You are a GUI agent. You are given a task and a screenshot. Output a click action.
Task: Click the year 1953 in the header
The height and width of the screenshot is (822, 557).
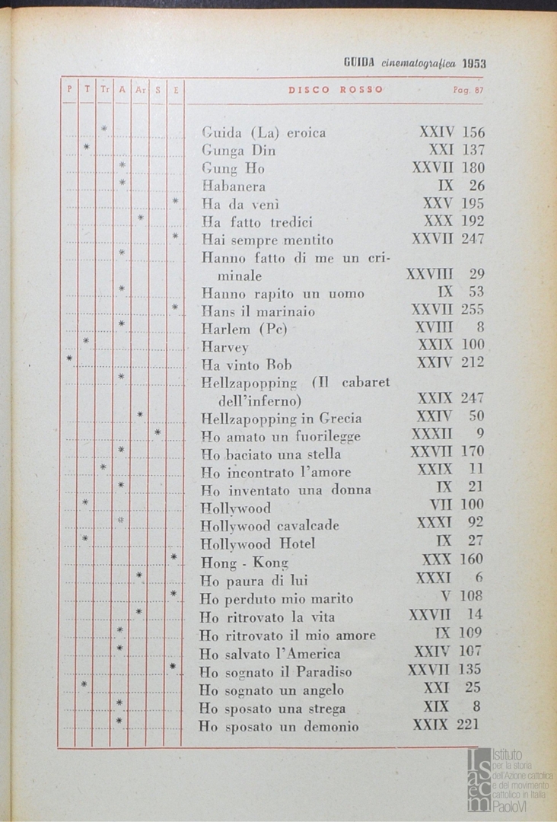pos(473,63)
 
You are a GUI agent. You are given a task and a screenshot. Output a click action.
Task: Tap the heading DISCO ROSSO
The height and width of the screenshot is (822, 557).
pos(336,90)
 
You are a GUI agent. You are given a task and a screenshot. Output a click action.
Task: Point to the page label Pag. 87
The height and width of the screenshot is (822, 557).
pos(468,90)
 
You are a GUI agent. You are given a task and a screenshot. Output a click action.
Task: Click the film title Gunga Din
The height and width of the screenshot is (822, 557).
pos(238,151)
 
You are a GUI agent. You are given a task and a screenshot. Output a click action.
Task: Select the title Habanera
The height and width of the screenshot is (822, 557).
pos(234,186)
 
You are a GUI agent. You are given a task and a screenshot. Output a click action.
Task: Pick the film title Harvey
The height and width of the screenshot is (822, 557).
pos(224,347)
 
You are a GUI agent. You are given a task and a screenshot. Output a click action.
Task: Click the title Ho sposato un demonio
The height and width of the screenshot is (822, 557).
pos(278,727)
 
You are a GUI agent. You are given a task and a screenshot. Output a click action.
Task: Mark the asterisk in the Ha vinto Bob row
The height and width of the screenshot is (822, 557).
pos(69,357)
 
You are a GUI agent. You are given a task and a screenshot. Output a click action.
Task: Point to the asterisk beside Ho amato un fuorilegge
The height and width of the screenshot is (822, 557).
pos(158,432)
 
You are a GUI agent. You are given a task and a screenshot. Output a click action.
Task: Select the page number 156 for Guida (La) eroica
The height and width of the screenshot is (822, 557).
pos(473,132)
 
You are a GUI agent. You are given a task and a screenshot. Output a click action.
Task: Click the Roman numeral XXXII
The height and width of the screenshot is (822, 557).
pos(431,434)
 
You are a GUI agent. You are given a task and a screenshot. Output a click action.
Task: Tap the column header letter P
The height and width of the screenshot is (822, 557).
pos(69,89)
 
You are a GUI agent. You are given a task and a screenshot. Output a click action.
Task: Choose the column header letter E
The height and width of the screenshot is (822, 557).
pos(176,89)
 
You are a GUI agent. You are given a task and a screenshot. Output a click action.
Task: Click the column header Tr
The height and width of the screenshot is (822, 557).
pos(104,89)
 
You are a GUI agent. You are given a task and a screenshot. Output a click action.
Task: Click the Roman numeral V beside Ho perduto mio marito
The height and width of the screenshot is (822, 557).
pos(447,595)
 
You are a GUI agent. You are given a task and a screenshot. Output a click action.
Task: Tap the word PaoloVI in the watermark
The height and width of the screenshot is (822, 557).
pos(512,807)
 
